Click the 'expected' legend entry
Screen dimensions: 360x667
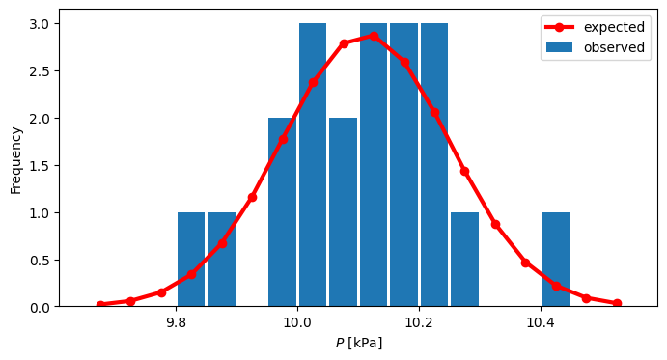click(x=614, y=27)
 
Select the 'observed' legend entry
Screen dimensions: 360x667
click(x=615, y=47)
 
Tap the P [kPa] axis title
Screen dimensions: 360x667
click(x=358, y=343)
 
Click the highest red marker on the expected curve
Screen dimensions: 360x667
click(x=374, y=36)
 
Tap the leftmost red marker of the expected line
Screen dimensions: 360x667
click(x=100, y=305)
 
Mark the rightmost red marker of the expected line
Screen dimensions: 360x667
click(x=617, y=303)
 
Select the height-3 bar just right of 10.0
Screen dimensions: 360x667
click(x=313, y=165)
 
